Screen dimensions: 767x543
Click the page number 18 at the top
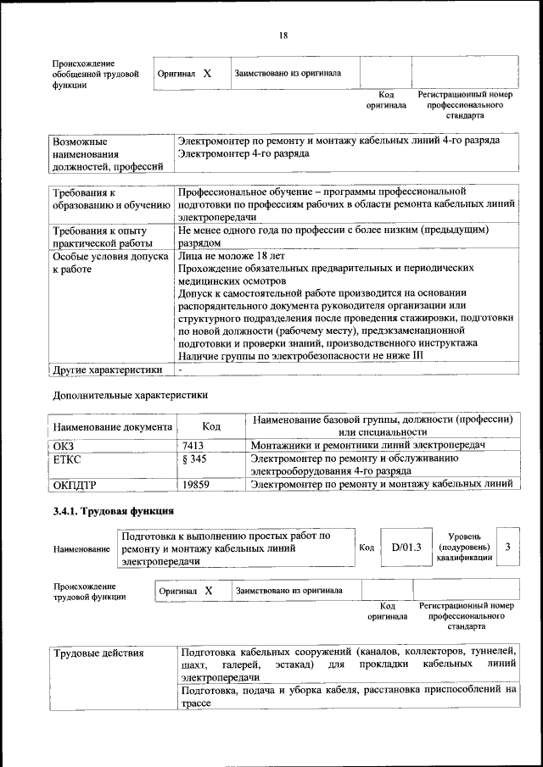(283, 35)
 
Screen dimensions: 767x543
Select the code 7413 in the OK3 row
(193, 445)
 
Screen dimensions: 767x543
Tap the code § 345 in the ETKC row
(195, 459)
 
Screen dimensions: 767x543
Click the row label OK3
(64, 445)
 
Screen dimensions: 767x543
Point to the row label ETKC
(67, 459)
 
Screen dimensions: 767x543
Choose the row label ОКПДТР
(76, 485)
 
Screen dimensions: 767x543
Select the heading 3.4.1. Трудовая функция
(114, 511)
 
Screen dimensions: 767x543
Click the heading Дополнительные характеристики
(130, 394)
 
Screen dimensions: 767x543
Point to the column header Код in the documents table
(211, 426)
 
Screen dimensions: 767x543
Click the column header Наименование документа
(113, 426)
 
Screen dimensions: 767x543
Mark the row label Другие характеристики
(107, 370)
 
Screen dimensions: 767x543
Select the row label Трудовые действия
(98, 653)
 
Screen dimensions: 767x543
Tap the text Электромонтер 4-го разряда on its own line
(244, 154)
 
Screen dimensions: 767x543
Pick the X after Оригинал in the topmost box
(207, 73)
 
